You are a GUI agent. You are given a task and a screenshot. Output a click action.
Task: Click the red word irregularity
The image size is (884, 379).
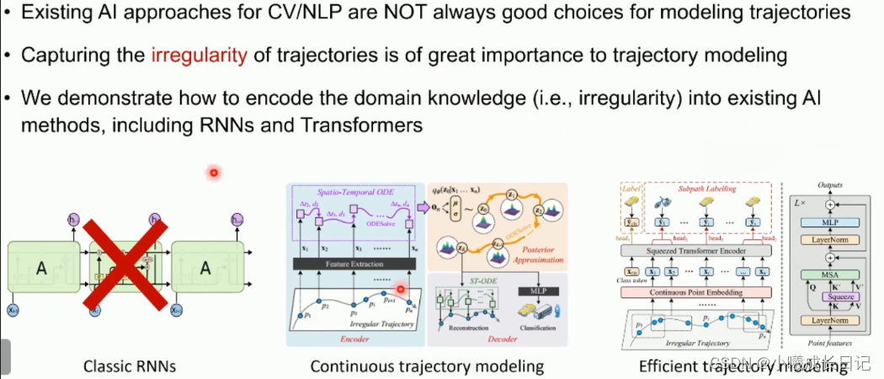point(200,56)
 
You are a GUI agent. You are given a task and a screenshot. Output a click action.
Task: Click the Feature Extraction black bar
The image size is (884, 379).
point(354,264)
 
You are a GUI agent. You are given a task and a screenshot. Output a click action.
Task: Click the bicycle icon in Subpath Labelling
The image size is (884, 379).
point(680,206)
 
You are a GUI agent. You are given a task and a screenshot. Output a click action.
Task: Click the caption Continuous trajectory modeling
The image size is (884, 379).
point(427,366)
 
